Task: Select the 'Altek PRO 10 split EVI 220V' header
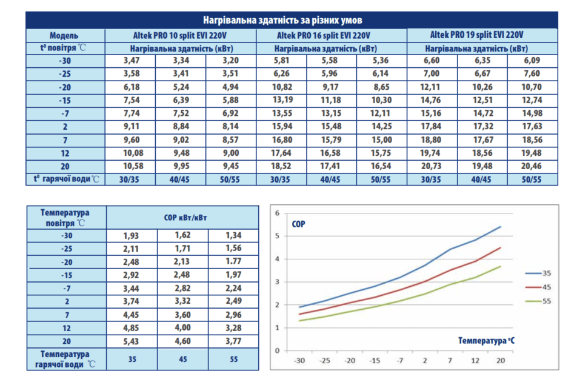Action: click(x=181, y=35)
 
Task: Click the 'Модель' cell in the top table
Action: click(x=64, y=35)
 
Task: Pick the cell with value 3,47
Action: click(x=131, y=61)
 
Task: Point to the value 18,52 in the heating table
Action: click(x=282, y=166)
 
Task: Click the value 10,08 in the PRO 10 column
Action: click(x=131, y=153)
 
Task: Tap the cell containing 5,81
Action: click(x=282, y=61)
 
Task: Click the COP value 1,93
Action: click(x=132, y=235)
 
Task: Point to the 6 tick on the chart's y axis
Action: click(x=278, y=213)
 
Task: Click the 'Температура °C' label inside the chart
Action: click(x=487, y=341)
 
